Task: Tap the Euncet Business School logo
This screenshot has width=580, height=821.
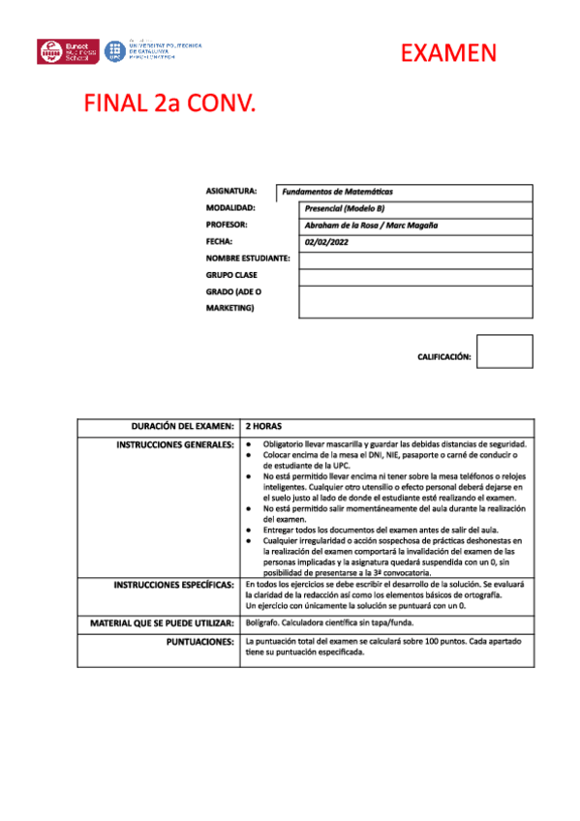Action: pyautogui.click(x=69, y=51)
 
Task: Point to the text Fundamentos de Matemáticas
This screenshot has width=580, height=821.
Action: pyautogui.click(x=337, y=193)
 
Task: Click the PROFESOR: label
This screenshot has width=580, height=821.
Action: pyautogui.click(x=229, y=225)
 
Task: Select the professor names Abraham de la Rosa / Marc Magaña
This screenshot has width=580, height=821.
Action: pyautogui.click(x=371, y=226)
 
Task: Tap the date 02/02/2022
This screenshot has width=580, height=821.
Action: pyautogui.click(x=326, y=242)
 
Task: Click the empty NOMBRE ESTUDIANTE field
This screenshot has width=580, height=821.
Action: pyautogui.click(x=415, y=259)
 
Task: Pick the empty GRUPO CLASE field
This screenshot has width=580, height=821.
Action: pyautogui.click(x=415, y=277)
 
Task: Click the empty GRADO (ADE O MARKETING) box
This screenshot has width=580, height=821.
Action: pyautogui.click(x=415, y=301)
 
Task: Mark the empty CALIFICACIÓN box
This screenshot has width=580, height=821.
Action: pyautogui.click(x=504, y=351)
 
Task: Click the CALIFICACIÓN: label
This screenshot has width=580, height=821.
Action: pyautogui.click(x=443, y=357)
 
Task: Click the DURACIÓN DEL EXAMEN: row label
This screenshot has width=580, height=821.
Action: pyautogui.click(x=183, y=426)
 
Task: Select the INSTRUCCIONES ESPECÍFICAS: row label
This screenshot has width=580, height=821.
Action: pyautogui.click(x=174, y=586)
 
